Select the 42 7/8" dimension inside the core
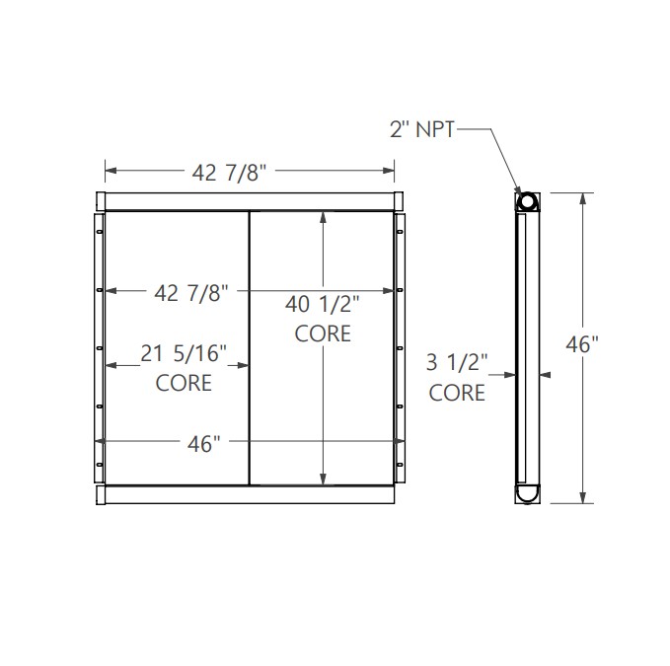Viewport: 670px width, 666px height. (x=192, y=292)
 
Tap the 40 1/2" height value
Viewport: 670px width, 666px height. (x=323, y=304)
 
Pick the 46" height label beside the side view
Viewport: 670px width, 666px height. (x=581, y=345)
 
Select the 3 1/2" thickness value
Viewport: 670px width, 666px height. (x=457, y=362)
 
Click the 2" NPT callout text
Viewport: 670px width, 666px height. (x=421, y=129)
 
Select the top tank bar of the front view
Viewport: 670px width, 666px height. (x=250, y=200)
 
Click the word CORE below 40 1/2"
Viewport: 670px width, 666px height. (x=323, y=333)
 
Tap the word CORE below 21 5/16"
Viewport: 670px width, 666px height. (x=184, y=382)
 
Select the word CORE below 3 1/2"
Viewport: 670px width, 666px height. (x=457, y=393)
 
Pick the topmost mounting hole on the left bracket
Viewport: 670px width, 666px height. (x=100, y=233)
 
